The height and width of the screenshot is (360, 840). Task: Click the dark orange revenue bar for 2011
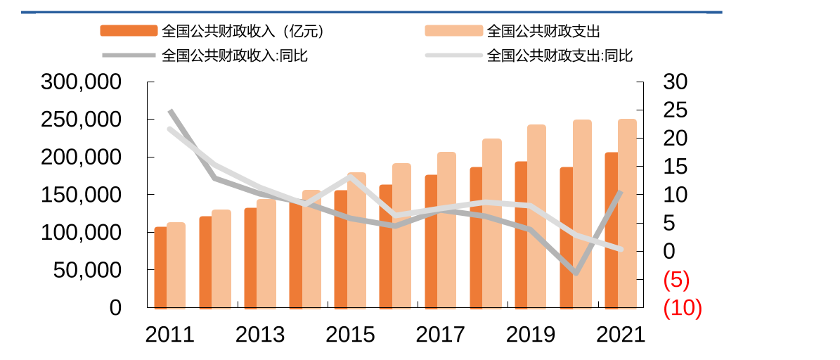click(160, 267)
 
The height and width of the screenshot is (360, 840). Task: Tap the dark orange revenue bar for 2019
click(521, 235)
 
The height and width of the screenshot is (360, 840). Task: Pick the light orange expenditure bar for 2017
click(446, 230)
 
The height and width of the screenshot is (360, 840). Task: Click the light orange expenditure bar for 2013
click(266, 254)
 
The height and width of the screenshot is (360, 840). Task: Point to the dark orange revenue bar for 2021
click(611, 230)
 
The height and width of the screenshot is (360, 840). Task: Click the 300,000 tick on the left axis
click(82, 82)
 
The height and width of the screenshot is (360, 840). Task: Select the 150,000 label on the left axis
click(82, 195)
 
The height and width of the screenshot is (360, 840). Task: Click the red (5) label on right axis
click(676, 280)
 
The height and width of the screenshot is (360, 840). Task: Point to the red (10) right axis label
click(683, 308)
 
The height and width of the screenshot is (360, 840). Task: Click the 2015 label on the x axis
click(350, 335)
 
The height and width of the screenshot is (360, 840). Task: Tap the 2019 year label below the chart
click(531, 335)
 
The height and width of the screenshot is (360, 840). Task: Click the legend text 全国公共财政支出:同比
click(560, 56)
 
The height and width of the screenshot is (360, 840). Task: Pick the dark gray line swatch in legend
click(129, 56)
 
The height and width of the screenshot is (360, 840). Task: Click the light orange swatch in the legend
click(453, 31)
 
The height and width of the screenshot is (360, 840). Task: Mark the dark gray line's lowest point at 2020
click(576, 273)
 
